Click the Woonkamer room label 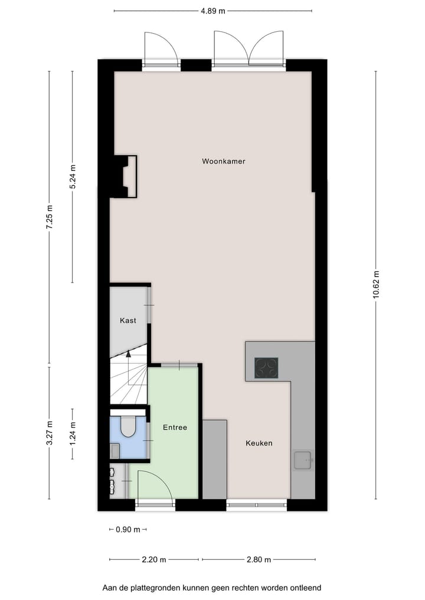223,161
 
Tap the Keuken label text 259,443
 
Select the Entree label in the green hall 175,427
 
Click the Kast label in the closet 128,320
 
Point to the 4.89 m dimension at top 212,11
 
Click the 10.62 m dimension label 376,285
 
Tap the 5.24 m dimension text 73,176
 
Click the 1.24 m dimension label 73,433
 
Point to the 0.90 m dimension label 128,529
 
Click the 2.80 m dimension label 259,559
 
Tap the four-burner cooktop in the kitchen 266,369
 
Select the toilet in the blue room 127,427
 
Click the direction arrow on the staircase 128,354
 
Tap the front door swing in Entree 155,487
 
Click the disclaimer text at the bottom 212,588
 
